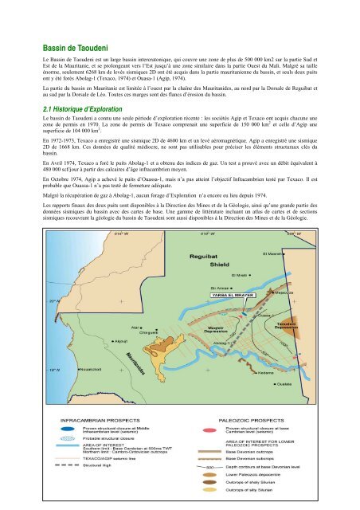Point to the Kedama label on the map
pos(288,371)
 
